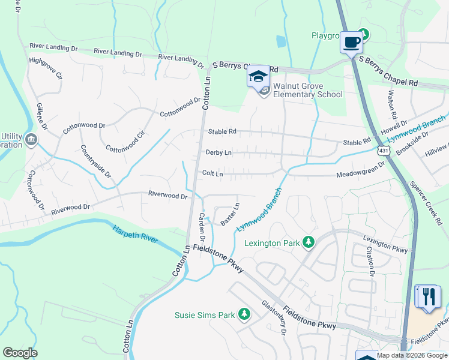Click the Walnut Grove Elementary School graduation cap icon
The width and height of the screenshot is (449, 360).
[259, 76]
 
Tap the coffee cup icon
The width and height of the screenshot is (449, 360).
[351, 43]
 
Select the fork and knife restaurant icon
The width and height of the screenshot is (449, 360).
[427, 296]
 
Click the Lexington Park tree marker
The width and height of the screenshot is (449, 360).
[309, 242]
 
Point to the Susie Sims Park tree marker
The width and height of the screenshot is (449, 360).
[244, 314]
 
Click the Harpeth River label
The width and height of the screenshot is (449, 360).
[135, 234]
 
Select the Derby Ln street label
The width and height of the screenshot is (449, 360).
[218, 153]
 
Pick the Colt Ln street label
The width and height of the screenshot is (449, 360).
[212, 173]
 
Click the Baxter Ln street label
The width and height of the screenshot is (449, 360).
[230, 214]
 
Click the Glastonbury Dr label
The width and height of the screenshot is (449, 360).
[274, 317]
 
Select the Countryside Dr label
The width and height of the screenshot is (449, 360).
[96, 161]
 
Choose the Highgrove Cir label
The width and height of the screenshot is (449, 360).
[46, 68]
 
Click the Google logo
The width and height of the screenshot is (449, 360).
[20, 353]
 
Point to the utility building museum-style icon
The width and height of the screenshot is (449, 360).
[31, 140]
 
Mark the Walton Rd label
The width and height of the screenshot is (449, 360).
[393, 103]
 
